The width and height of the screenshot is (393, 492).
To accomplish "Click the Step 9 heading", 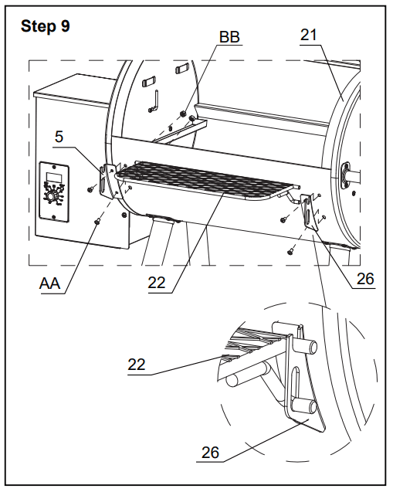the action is [45, 26].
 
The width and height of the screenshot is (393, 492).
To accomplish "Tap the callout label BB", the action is [229, 37].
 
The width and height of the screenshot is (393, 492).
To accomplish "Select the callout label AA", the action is [49, 283].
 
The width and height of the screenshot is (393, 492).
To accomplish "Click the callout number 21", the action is [309, 35].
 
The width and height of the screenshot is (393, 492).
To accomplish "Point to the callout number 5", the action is [59, 137].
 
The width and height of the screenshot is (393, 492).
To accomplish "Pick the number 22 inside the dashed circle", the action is [137, 365].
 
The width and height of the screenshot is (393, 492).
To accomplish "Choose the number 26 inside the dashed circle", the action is [210, 453].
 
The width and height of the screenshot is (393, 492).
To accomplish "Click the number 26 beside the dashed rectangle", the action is [365, 279].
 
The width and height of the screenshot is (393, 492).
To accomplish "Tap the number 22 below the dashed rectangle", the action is [157, 283].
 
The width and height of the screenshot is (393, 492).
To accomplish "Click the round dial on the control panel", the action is [51, 197].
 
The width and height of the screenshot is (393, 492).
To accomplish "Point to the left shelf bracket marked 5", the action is [107, 182].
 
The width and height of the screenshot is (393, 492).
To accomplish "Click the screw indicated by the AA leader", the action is [97, 222].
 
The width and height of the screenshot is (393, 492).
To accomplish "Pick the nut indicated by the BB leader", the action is [182, 114].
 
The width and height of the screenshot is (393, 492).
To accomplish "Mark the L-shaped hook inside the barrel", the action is [154, 100].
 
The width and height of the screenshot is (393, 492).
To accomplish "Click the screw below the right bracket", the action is [290, 251].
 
